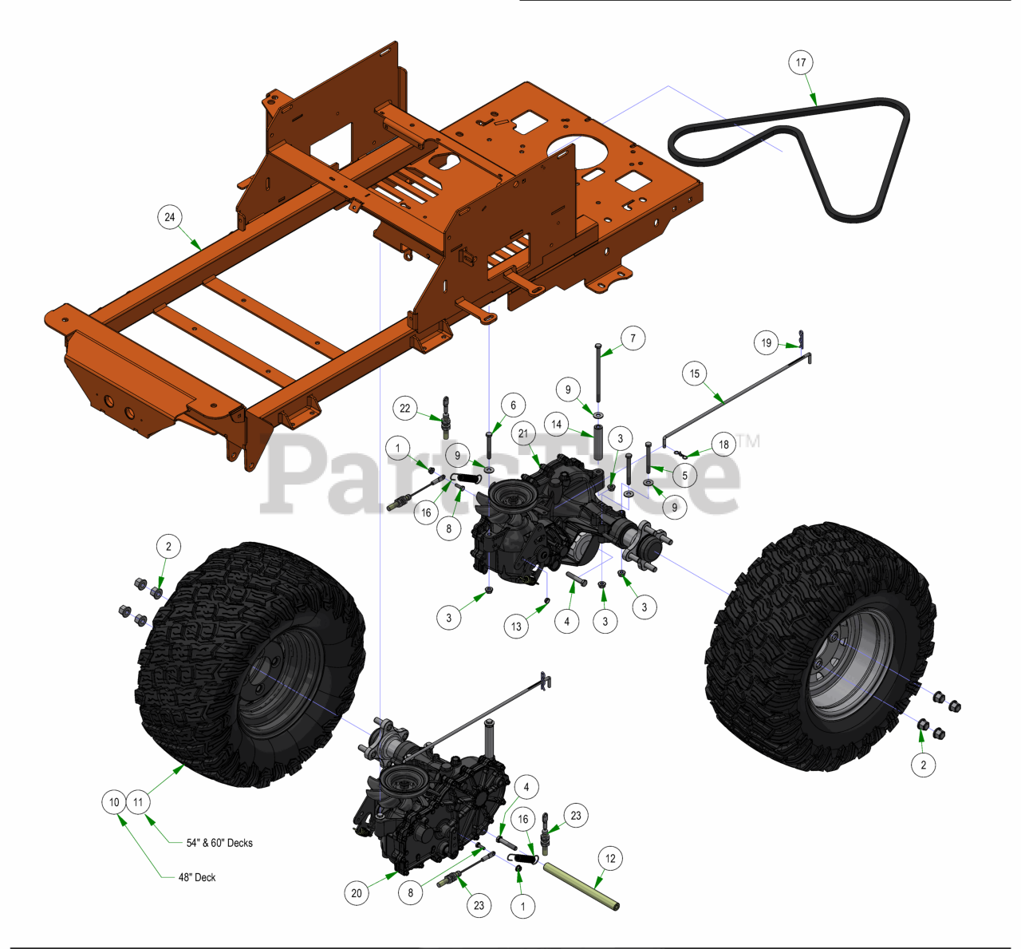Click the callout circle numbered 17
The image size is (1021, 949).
[801, 62]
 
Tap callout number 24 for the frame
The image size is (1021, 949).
[170, 217]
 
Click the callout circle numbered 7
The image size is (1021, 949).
[633, 338]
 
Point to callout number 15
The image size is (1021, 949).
[695, 374]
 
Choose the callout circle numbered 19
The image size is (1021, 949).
[767, 342]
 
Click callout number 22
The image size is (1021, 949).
[405, 408]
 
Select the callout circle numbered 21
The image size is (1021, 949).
[523, 433]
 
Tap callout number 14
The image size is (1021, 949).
[556, 424]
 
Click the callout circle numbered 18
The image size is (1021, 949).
[723, 445]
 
